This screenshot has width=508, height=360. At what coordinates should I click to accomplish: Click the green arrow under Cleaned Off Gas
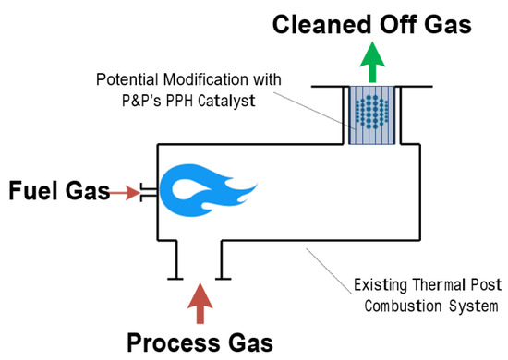click(372, 62)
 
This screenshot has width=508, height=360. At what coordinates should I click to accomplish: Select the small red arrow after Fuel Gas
click(125, 193)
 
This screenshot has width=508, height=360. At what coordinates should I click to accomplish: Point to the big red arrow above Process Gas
click(200, 304)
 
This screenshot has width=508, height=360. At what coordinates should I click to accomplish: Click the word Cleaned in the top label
click(321, 25)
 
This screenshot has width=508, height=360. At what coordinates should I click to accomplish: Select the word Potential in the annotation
click(127, 79)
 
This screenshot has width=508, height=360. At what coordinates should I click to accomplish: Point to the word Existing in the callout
click(380, 285)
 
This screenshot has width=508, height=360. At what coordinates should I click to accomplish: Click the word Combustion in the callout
click(403, 306)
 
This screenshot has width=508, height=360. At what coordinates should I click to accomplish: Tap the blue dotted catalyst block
click(372, 115)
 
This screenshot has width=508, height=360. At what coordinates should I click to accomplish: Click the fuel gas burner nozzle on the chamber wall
click(149, 192)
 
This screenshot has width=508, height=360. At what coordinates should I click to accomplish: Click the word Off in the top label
click(398, 25)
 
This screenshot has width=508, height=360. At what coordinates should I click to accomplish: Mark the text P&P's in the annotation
click(141, 101)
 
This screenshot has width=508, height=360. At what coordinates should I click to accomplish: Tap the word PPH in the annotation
click(179, 101)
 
